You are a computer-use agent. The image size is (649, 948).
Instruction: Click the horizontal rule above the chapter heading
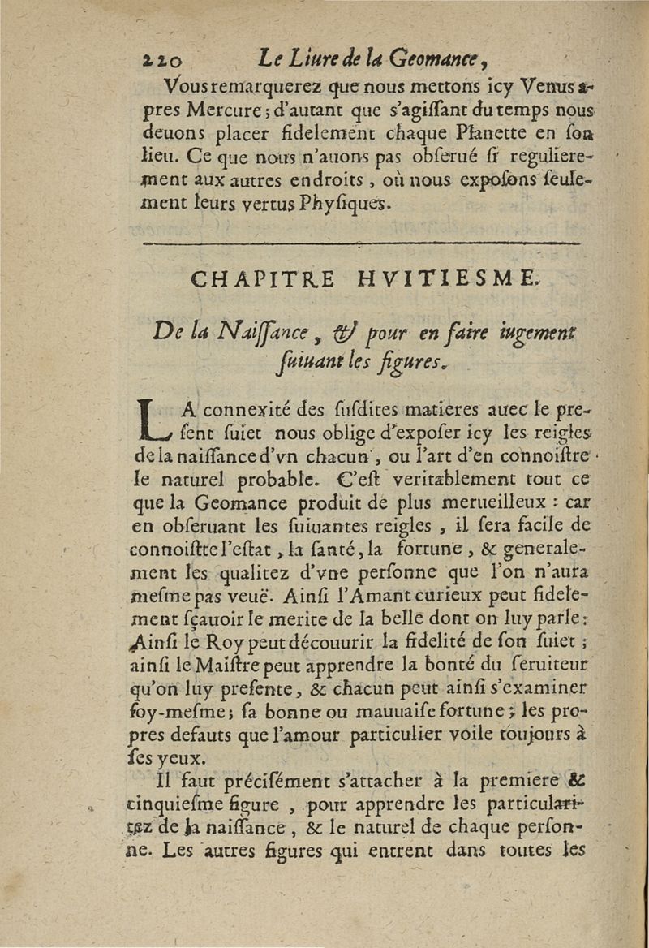tap(360, 243)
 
